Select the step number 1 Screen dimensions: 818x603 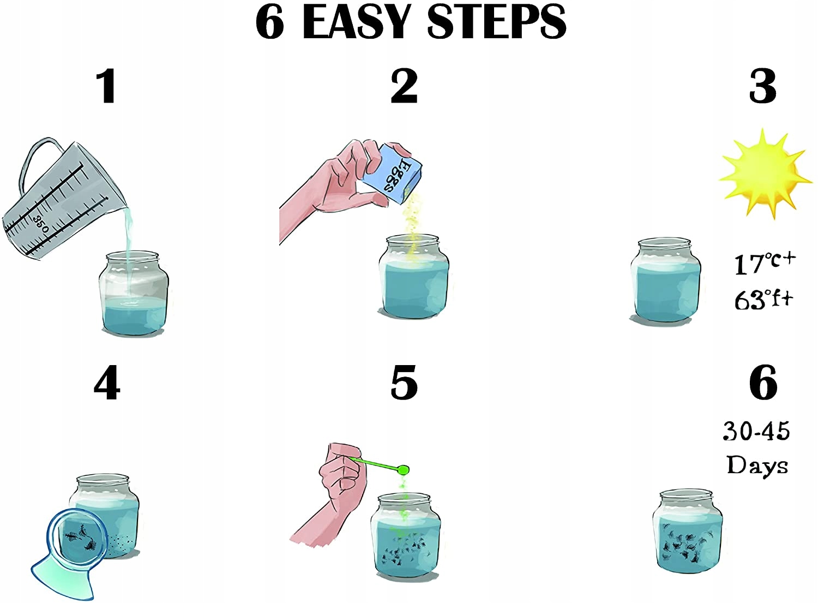[x=107, y=87]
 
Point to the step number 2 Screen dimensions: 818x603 [x=404, y=87]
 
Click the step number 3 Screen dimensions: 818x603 [x=763, y=87]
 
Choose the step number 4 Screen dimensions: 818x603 [x=107, y=383]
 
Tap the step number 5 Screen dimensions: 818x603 [x=404, y=383]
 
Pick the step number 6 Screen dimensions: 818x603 [x=763, y=383]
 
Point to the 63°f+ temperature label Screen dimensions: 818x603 [x=764, y=299]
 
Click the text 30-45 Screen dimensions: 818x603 [x=757, y=431]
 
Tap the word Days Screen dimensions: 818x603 [x=757, y=465]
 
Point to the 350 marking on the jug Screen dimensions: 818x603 [x=41, y=224]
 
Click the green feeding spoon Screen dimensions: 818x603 [x=380, y=465]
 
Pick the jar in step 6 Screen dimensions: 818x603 [x=688, y=532]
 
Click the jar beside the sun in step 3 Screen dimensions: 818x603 [x=665, y=280]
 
